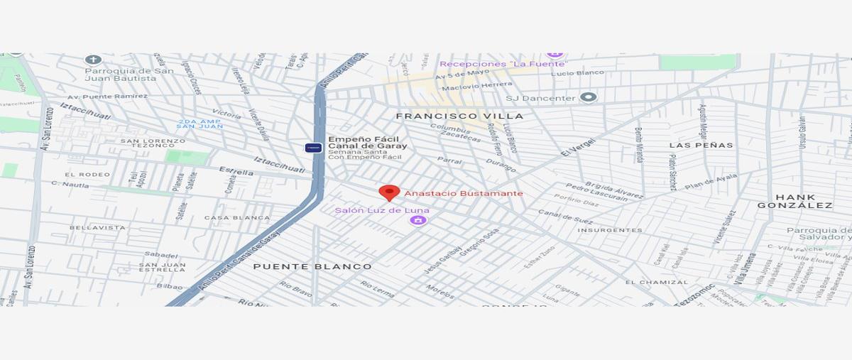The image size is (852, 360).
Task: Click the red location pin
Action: (x=388, y=192)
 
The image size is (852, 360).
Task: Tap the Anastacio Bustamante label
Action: (x=464, y=193)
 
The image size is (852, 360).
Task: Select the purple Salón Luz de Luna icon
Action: (x=418, y=221)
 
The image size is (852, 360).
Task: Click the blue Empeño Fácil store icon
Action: (x=313, y=148)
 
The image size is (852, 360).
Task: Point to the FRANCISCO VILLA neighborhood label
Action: (x=459, y=116)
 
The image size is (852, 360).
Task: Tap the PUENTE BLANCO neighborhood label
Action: (x=312, y=266)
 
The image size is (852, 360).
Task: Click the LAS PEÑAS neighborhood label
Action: (x=701, y=145)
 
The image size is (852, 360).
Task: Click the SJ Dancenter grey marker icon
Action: (x=588, y=97)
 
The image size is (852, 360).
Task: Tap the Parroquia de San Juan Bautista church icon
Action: (x=92, y=60)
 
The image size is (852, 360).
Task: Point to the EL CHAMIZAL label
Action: (x=657, y=282)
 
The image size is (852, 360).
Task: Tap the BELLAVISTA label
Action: (x=97, y=228)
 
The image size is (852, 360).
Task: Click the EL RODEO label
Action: (x=87, y=175)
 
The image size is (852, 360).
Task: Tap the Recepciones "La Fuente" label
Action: (x=503, y=64)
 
